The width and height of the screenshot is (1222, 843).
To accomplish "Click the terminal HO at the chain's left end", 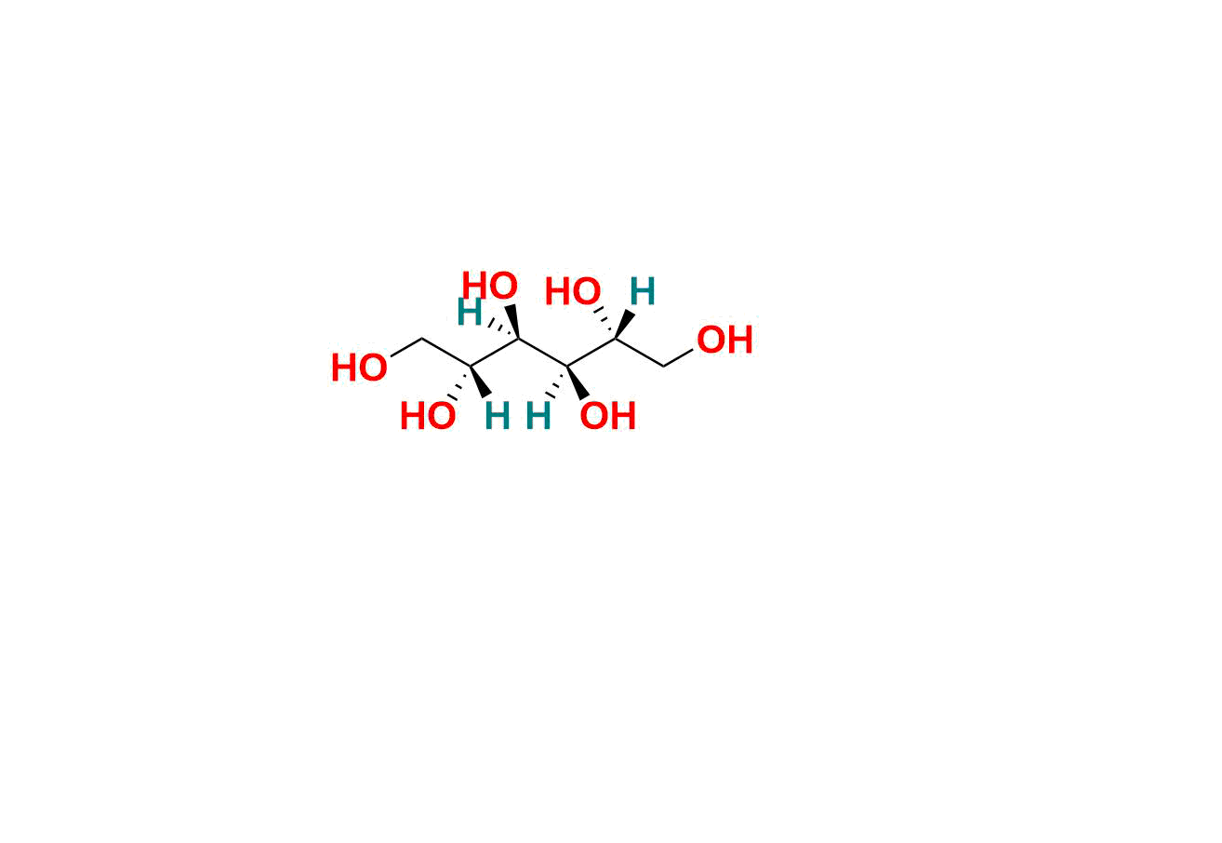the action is point(360,368).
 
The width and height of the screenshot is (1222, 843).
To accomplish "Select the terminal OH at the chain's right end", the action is point(724,340).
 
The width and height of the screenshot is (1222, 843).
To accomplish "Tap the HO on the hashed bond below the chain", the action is point(428,416).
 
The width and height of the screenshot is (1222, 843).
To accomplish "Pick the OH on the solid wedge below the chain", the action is point(607,416).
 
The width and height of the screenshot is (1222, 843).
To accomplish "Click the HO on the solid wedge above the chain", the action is point(490,285).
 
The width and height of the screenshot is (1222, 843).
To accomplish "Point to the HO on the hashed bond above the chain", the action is point(573,291).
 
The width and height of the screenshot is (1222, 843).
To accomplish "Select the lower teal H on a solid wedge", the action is point(498,416).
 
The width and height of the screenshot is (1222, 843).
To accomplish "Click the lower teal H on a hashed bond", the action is point(538,416).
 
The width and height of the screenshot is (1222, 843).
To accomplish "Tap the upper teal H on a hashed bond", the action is point(470,312).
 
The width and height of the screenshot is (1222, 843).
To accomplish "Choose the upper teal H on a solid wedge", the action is point(642,291).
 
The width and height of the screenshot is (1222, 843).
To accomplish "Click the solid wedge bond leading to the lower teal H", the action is point(480,381).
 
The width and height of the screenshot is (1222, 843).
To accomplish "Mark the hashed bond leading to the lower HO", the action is point(459,382).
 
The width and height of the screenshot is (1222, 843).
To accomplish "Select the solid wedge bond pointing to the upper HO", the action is point(512,322).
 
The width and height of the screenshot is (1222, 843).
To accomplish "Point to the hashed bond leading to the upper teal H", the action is point(503,328).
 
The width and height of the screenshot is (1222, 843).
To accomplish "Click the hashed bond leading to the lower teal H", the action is point(556,380).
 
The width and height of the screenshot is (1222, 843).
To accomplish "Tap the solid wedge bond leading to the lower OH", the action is point(578,382).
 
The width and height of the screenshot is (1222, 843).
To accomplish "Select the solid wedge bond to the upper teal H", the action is point(625,325).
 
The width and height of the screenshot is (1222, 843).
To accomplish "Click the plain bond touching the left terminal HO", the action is point(406,347).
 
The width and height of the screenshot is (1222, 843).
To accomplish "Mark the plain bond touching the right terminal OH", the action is point(679,357).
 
